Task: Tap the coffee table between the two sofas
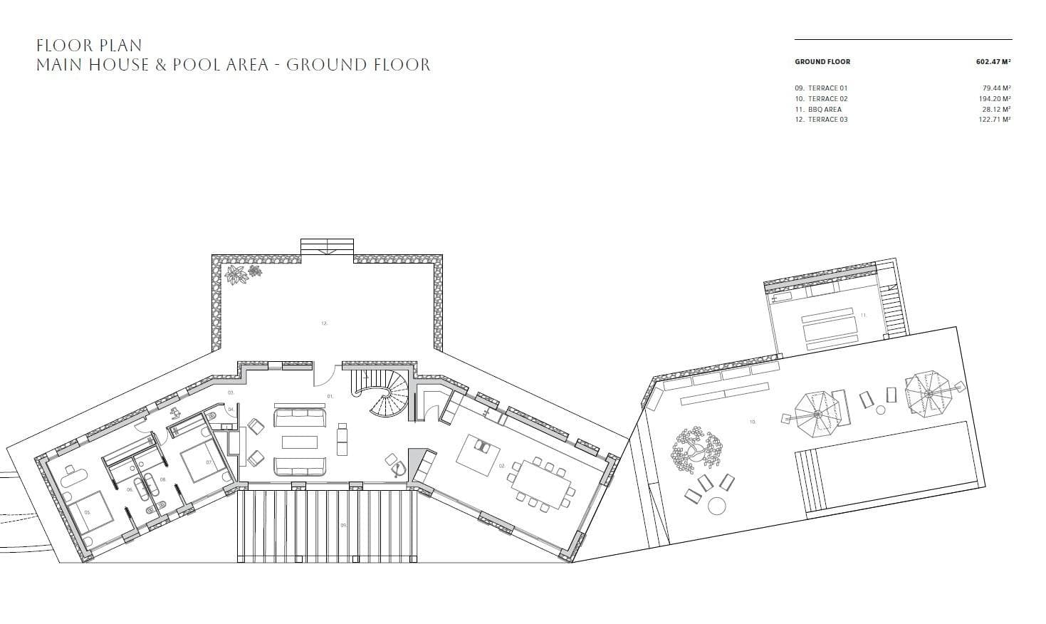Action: coord(300,442)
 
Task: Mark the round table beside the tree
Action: coord(717,505)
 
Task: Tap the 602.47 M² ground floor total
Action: coord(993,62)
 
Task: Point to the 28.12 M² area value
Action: coord(995,110)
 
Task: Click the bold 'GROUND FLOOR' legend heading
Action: coord(822,62)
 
